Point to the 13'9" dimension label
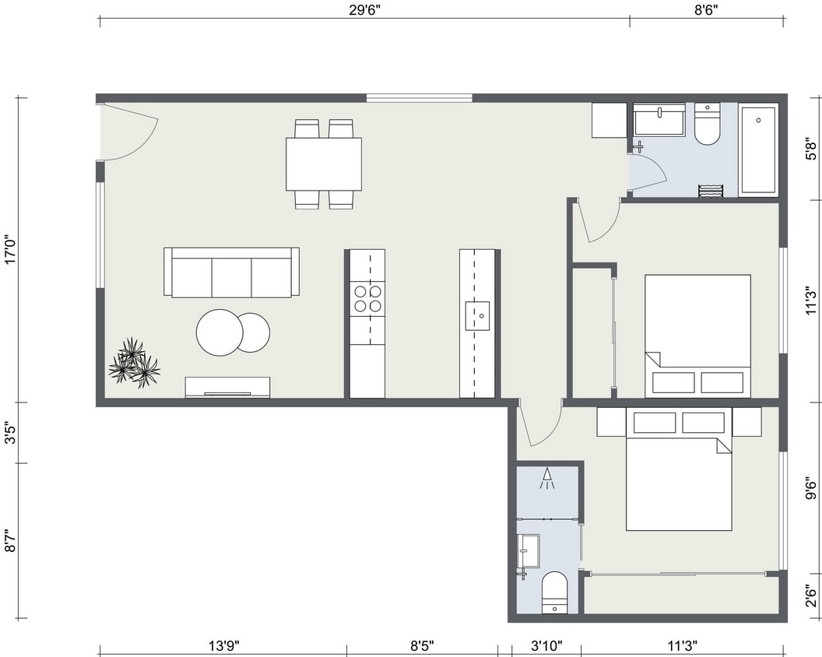click(223, 646)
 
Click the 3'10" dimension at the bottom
click(546, 646)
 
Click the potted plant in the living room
click(134, 363)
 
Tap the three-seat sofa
click(231, 272)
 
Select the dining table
click(323, 163)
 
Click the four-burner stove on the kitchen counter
click(367, 298)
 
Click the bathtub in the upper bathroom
click(758, 149)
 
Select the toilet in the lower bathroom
click(554, 592)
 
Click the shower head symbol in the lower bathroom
click(547, 478)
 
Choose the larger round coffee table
click(220, 332)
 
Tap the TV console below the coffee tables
click(227, 387)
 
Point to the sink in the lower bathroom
click(529, 550)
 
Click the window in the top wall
click(419, 98)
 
